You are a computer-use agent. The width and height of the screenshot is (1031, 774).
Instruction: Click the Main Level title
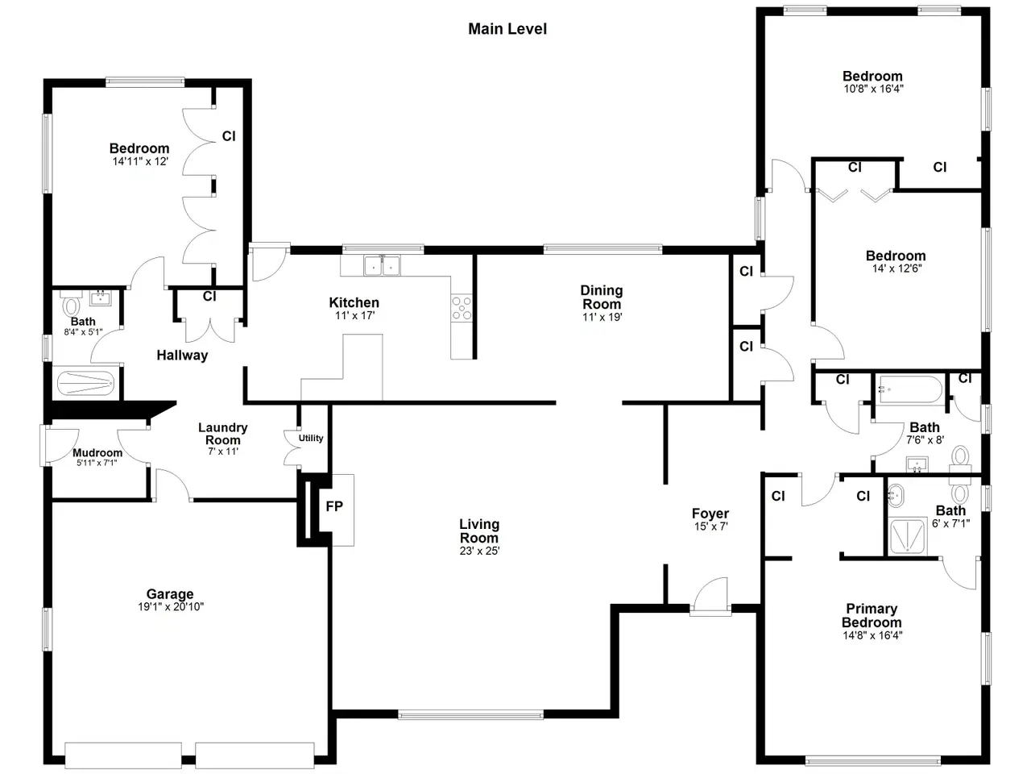click(x=507, y=29)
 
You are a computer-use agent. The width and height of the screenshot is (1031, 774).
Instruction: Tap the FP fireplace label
click(x=334, y=506)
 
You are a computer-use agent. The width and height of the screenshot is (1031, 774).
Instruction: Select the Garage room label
click(x=170, y=593)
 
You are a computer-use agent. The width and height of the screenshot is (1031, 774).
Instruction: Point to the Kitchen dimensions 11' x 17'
click(x=354, y=315)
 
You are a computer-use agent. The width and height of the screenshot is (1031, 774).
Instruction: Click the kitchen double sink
click(x=382, y=266)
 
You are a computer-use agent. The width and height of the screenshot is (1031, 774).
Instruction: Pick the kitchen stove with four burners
click(x=462, y=308)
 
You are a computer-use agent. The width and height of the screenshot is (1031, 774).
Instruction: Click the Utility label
click(x=311, y=438)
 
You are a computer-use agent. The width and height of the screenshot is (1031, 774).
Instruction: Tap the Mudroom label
click(x=97, y=452)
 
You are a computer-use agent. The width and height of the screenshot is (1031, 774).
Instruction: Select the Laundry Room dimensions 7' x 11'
click(x=223, y=451)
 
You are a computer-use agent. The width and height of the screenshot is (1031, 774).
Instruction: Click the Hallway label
click(x=182, y=356)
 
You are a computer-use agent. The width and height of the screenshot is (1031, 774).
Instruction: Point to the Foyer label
click(x=710, y=514)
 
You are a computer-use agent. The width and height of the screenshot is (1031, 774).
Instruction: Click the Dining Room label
click(x=602, y=297)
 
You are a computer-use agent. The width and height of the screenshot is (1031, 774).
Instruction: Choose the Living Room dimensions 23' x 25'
click(x=479, y=551)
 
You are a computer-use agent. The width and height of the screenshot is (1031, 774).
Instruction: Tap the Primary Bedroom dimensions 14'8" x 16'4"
click(x=872, y=635)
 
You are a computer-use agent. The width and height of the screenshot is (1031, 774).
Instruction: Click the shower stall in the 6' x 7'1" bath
click(x=908, y=536)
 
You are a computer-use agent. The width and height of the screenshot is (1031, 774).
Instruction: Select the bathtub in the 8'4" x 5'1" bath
click(x=85, y=384)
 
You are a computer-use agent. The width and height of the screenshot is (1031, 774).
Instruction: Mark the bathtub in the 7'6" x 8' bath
click(x=910, y=389)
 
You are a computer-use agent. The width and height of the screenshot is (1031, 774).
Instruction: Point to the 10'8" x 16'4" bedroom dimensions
click(x=874, y=89)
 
